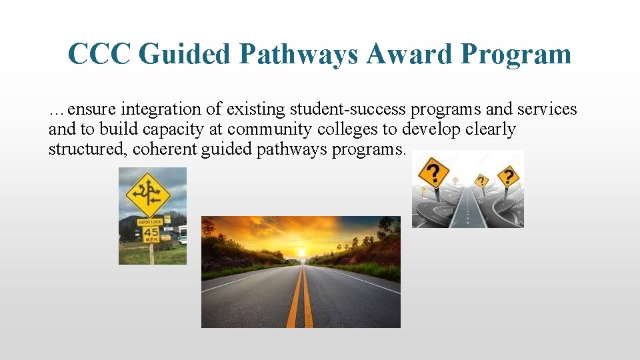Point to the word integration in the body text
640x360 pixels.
pos(187,109)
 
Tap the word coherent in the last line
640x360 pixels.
pos(164,149)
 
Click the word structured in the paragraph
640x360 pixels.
pos(84,149)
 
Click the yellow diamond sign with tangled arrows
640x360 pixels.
pos(148,194)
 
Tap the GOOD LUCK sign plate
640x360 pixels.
pos(149,222)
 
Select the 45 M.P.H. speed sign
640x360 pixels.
pos(151,235)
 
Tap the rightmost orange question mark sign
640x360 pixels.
pos(508,177)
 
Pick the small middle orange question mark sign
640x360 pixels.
pos(481,181)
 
